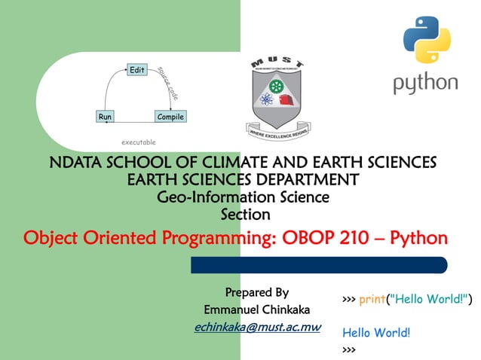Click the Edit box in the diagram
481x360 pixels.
(x=136, y=70)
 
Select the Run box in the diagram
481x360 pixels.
(x=105, y=117)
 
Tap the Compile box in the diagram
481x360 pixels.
(x=170, y=117)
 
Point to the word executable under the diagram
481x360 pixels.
(x=139, y=142)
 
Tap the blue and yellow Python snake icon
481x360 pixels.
(x=426, y=41)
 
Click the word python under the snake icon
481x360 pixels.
(x=425, y=83)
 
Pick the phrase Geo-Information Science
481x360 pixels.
(x=242, y=197)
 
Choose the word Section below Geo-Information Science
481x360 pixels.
(x=244, y=215)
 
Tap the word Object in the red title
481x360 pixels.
(x=54, y=239)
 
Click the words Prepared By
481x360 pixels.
(x=256, y=292)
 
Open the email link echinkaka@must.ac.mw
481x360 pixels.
(x=257, y=328)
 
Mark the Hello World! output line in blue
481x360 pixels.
(x=375, y=332)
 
